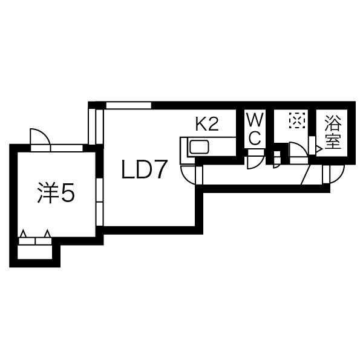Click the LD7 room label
pyautogui.click(x=145, y=169)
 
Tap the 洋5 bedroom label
pyautogui.click(x=56, y=192)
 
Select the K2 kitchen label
pyautogui.click(x=207, y=124)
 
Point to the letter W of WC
pyautogui.click(x=255, y=119)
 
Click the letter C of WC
pyautogui.click(x=255, y=138)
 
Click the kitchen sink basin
pyautogui.click(x=199, y=147)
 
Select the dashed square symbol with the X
pyautogui.click(x=297, y=120)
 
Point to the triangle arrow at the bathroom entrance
pyautogui.click(x=319, y=149)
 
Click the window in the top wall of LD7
pyautogui.click(x=129, y=105)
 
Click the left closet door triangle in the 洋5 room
pyautogui.click(x=23, y=234)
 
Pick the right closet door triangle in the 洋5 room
pyautogui.click(x=47, y=234)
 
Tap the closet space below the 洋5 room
pyautogui.click(x=34, y=252)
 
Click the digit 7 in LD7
pyautogui.click(x=160, y=169)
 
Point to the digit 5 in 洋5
pyautogui.click(x=68, y=192)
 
